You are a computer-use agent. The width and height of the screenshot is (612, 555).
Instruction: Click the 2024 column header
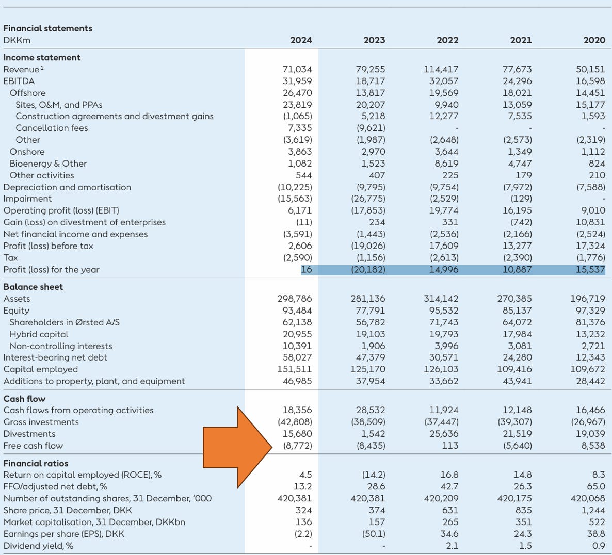[x=301, y=40]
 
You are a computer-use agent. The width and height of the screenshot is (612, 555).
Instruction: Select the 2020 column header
[x=594, y=40]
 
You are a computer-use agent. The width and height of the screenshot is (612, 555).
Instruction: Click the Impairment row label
[x=27, y=199]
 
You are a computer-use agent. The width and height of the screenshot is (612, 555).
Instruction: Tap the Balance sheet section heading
[x=33, y=287]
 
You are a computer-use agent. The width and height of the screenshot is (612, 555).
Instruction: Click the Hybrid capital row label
[x=39, y=334]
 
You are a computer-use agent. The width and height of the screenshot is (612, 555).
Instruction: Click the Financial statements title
[x=47, y=28]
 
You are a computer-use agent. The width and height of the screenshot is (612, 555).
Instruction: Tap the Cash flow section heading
[x=24, y=399]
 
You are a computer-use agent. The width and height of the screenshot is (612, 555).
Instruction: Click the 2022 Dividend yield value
[x=452, y=546]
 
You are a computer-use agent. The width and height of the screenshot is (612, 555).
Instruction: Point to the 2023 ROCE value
[x=374, y=475]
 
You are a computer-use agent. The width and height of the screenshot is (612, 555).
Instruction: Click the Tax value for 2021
[x=517, y=258]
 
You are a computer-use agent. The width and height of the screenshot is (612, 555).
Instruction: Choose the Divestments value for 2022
[x=444, y=434]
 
